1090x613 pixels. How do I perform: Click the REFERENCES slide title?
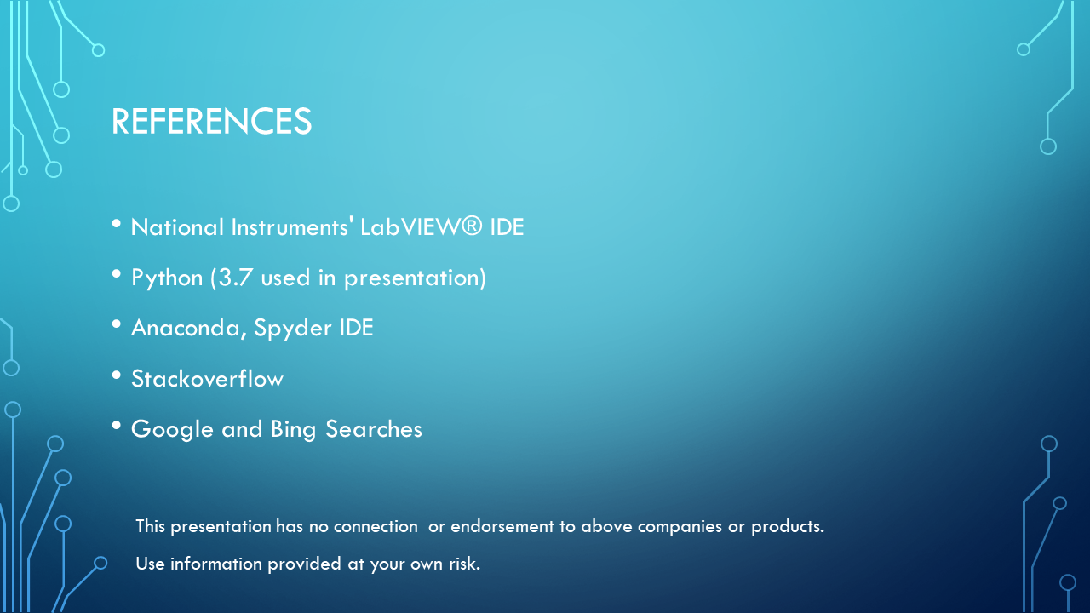211,122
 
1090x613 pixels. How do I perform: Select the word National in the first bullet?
176,227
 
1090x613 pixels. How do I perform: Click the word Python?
167,278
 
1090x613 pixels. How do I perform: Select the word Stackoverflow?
207,379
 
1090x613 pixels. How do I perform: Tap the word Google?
172,429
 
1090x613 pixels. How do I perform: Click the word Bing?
293,429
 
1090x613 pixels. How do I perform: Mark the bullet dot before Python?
117,274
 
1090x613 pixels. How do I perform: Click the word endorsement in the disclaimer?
502,526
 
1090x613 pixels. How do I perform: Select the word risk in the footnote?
463,564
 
